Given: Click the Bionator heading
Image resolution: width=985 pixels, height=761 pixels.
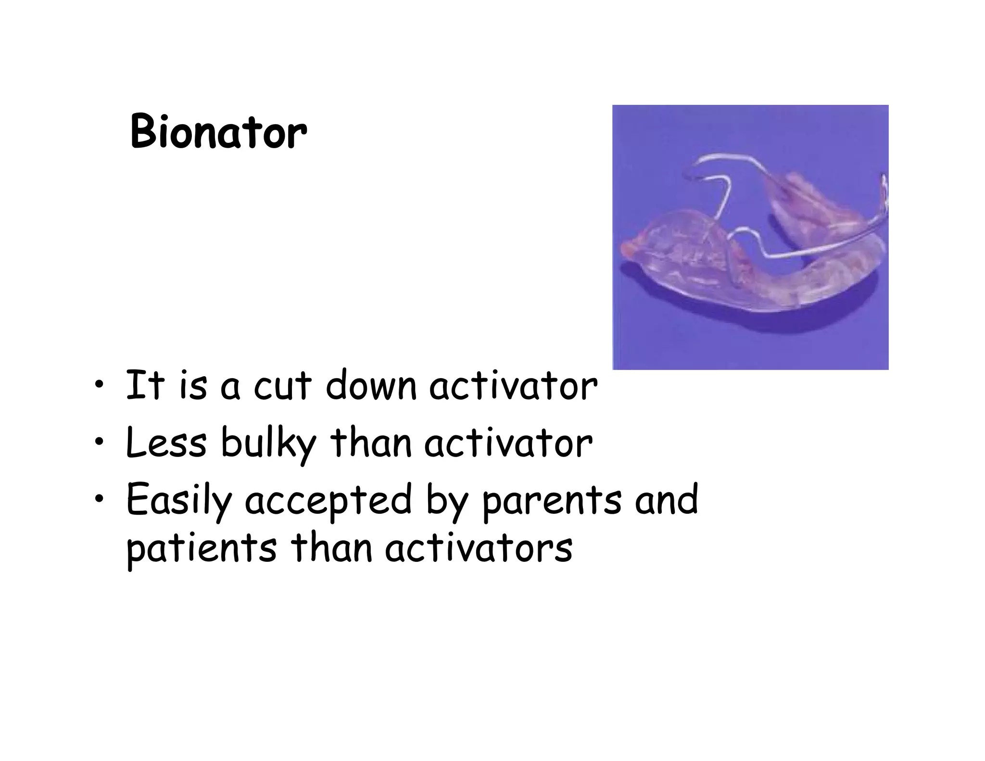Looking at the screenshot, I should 218,132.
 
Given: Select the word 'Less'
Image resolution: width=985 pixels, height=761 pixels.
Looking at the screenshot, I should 165,443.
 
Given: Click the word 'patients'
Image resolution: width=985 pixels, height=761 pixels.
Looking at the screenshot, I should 202,549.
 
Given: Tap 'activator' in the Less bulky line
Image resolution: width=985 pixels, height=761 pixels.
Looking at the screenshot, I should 508,443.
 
